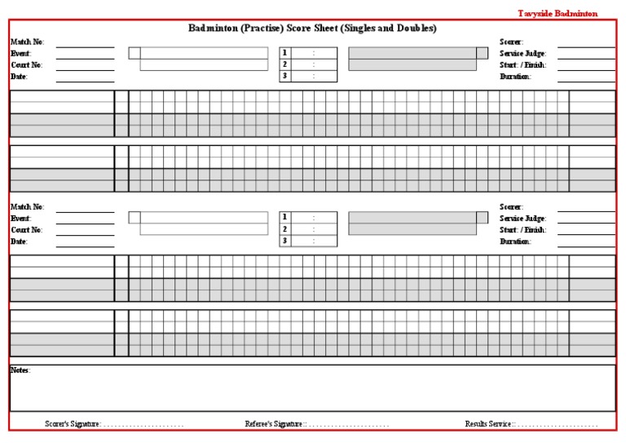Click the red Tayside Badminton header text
tap(558, 14)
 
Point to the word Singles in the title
tap(353, 29)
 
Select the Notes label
tap(20, 370)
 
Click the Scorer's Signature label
tap(73, 424)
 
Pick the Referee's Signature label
tap(274, 424)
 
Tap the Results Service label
tap(489, 424)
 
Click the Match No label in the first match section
tap(27, 42)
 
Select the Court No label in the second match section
tap(27, 230)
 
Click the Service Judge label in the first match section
tap(522, 53)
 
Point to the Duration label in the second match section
tap(515, 241)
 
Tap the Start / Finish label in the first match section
tap(522, 64)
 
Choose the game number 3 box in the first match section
tap(285, 76)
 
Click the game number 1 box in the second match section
tap(285, 217)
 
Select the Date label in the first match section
tap(19, 77)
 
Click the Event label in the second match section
tap(20, 219)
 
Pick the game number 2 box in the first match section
tap(285, 64)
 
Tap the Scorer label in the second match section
tap(511, 207)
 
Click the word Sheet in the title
tap(315, 29)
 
